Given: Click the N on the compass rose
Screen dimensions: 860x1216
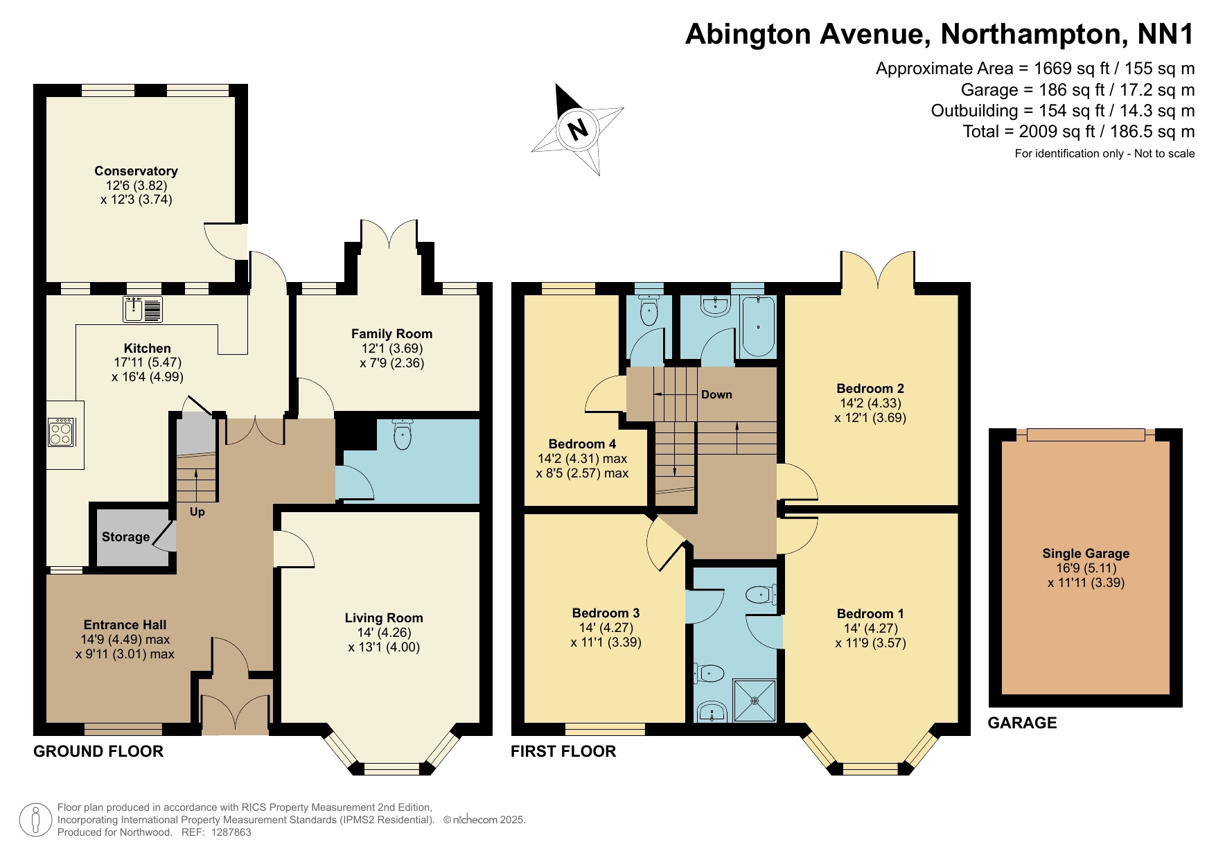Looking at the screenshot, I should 577,129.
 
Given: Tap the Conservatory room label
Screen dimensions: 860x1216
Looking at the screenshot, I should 136,171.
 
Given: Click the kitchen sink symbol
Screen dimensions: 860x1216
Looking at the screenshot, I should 143,309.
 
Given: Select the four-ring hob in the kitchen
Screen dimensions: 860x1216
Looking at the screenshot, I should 60,432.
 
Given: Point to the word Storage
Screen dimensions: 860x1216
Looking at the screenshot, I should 125,537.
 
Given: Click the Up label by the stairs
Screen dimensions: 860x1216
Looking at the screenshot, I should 197,512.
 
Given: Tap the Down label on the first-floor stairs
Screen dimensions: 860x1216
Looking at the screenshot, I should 716,395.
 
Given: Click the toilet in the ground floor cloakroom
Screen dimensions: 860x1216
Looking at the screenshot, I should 402,435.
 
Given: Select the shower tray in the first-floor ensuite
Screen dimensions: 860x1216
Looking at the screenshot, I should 755,701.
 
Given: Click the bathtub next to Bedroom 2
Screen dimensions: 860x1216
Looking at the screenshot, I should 759,326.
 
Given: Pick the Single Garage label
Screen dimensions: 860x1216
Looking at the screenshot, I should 1086,554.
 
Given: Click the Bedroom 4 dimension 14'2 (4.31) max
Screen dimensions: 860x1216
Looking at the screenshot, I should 582,459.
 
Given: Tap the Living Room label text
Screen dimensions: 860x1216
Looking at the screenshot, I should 384,618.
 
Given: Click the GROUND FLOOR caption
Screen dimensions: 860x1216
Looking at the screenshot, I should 98,751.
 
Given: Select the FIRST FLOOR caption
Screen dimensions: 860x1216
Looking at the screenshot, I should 563,751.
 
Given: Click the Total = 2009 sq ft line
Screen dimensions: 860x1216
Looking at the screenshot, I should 1078,132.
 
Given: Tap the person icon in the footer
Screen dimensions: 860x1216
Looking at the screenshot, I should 35,820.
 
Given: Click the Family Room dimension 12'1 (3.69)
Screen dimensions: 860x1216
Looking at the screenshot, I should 391,349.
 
